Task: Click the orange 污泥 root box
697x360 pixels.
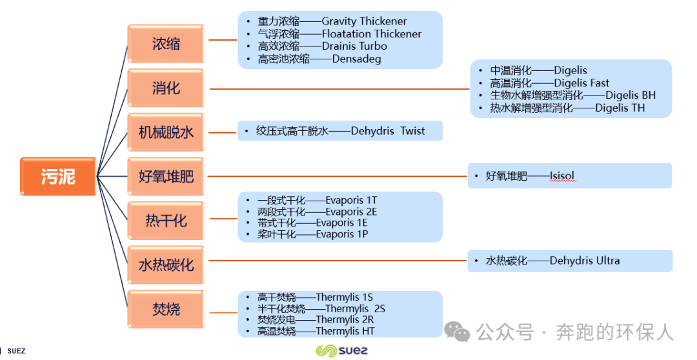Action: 58,176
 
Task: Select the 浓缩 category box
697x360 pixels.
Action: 166,44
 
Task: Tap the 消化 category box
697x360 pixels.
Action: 166,88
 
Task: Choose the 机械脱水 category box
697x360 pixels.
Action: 166,132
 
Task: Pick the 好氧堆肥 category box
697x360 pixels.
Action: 166,176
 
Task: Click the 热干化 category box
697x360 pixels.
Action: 166,221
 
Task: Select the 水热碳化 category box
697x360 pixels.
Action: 166,265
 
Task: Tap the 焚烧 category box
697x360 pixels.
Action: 166,309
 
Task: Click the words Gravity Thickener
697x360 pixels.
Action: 364,21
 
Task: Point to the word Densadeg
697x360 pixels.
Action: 356,59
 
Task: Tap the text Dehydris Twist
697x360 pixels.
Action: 388,131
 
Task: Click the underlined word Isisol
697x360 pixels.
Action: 561,175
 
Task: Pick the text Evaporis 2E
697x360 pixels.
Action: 351,212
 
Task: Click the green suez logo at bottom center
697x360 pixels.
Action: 341,351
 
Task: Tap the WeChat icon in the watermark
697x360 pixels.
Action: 457,332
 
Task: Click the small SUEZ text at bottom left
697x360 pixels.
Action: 16,351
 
